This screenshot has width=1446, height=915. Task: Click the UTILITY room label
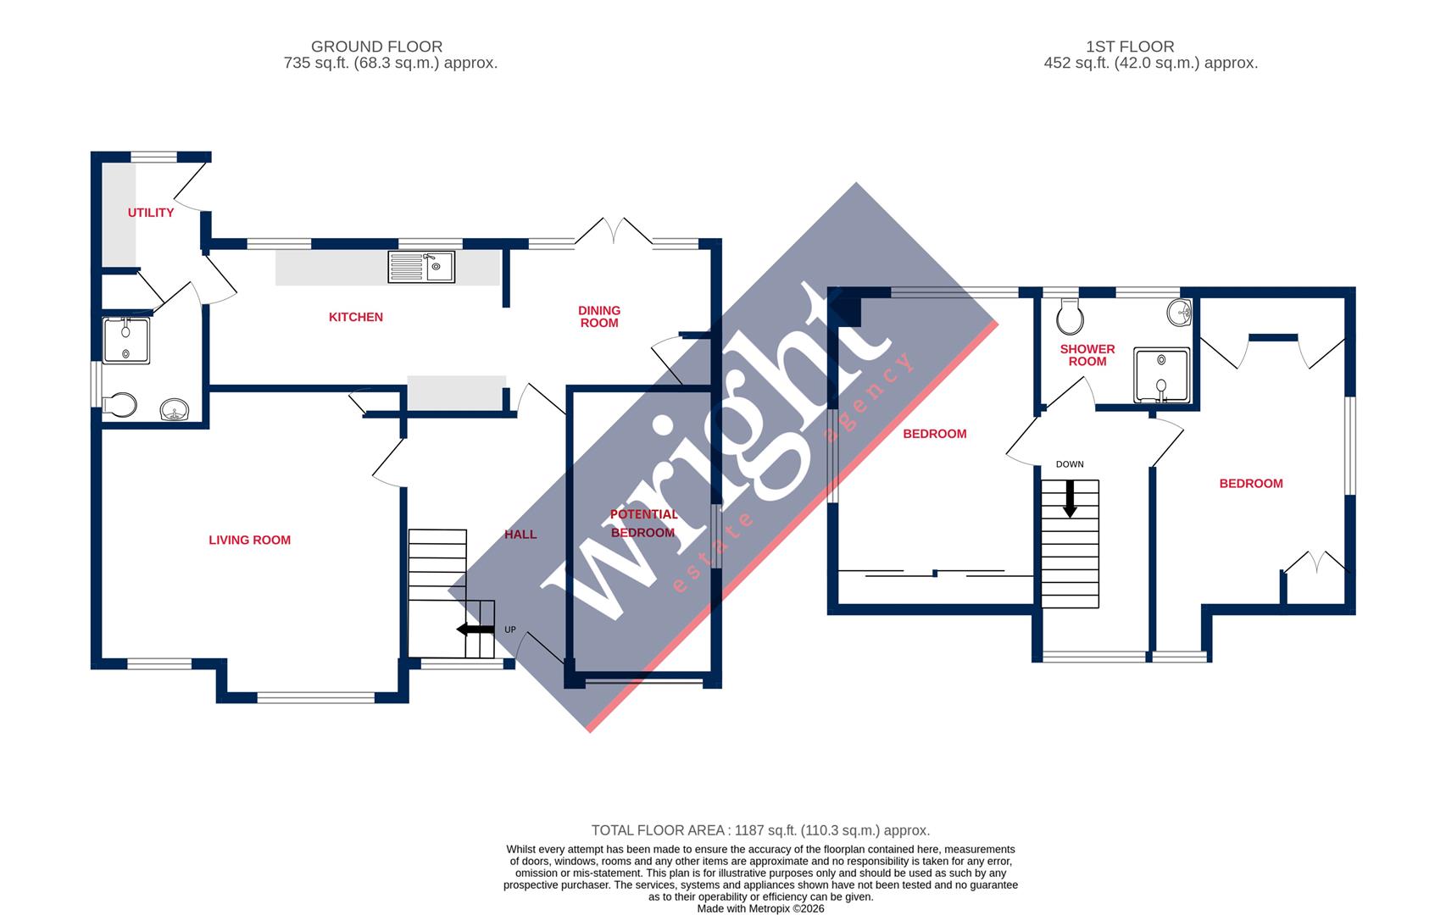click(151, 213)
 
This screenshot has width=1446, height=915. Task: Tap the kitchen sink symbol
click(421, 267)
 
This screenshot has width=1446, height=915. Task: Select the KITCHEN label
click(356, 317)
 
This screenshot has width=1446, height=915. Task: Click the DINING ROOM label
click(599, 316)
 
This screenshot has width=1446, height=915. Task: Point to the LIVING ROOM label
click(249, 540)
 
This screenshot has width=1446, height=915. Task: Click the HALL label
click(520, 534)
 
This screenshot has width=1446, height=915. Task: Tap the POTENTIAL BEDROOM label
click(643, 524)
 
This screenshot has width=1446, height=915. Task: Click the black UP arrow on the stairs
click(475, 629)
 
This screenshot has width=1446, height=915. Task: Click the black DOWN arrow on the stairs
click(1070, 499)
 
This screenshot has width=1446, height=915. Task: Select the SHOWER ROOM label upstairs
click(1087, 355)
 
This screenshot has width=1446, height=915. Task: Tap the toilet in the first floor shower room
click(1071, 319)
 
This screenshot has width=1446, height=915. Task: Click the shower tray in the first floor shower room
click(1161, 375)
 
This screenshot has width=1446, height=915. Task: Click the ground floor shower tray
click(125, 341)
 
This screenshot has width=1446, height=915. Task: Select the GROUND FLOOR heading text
click(376, 47)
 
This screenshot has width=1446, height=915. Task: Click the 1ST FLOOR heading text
click(1130, 47)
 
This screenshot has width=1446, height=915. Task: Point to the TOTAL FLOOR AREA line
click(759, 830)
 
